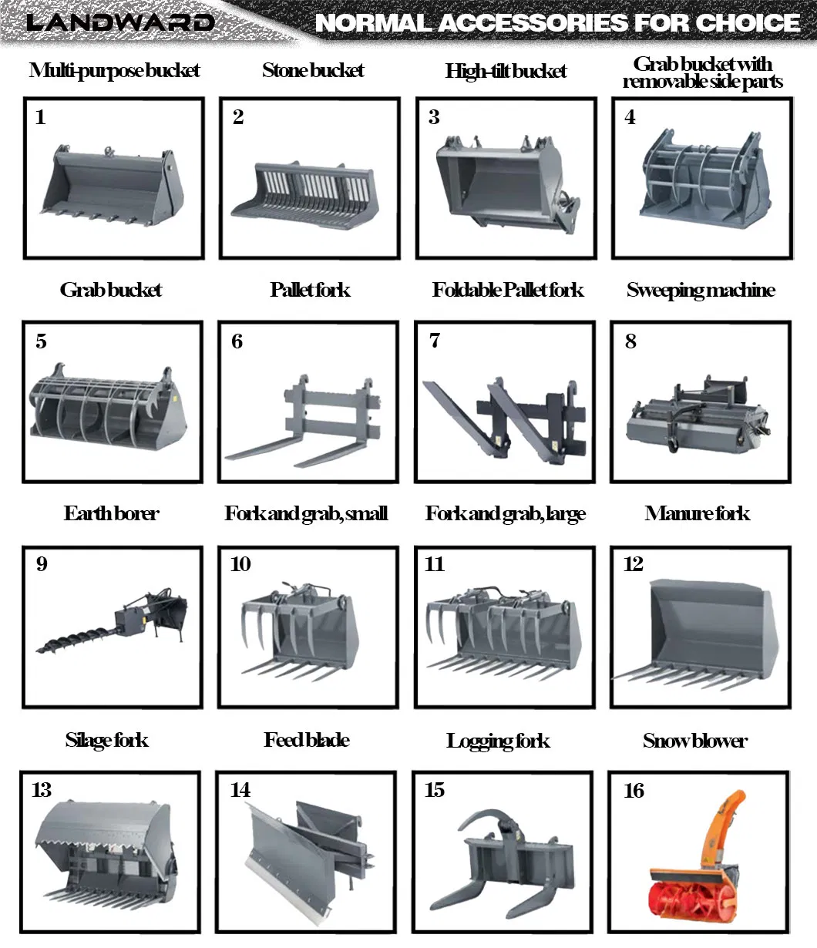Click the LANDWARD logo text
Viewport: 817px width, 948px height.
coord(119,22)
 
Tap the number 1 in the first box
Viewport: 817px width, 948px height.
coord(40,117)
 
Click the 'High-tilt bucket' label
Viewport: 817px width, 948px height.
coord(506,72)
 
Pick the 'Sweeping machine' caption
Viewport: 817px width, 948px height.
coord(700,291)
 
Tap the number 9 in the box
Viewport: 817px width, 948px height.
coord(42,564)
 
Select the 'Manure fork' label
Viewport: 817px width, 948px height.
coord(697,514)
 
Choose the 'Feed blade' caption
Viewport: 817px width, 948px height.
coord(307,741)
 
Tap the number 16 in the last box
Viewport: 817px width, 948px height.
coord(634,791)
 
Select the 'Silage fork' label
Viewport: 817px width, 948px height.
coord(107,741)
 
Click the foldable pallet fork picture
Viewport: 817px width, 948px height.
coord(503,419)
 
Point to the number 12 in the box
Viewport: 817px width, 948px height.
coord(633,564)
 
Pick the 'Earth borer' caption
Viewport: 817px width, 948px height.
coord(112,514)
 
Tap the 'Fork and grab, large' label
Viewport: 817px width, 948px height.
coord(506,514)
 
